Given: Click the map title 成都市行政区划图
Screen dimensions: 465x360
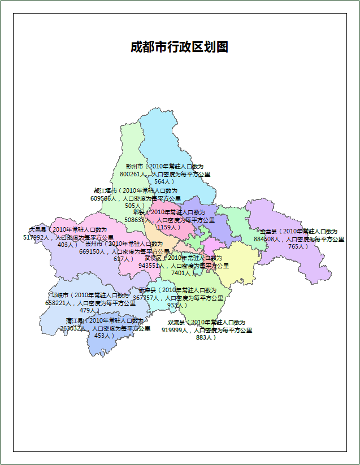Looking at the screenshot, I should click(179, 47).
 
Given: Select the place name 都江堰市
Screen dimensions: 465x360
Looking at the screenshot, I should click(105, 191).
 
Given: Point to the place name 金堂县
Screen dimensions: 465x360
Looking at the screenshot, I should click(268, 232).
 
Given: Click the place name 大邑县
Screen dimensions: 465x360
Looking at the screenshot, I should click(38, 230).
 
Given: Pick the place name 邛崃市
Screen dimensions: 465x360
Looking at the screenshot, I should click(59, 295).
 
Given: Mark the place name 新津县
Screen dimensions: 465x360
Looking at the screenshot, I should click(146, 290).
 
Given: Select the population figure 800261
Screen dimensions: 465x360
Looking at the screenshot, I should click(133, 175).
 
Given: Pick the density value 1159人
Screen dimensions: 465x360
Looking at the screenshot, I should click(168, 227).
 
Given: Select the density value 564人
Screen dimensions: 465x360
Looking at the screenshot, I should click(164, 182).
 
